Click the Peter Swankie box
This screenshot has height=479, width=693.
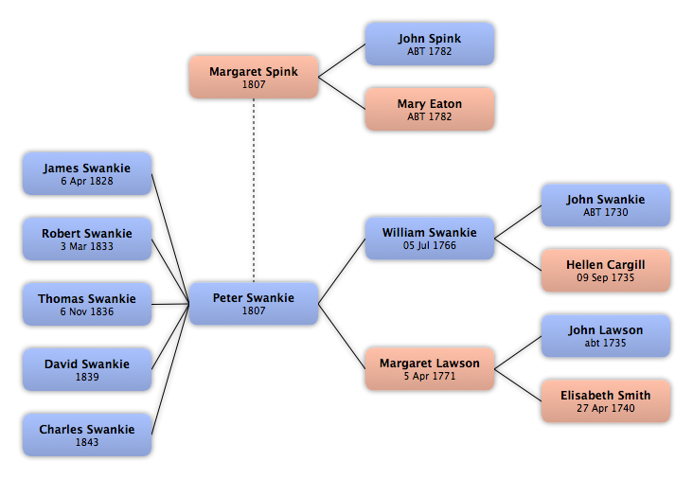pos(254,304)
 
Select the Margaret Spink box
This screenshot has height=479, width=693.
pos(254,77)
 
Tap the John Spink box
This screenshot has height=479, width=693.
pos(430,44)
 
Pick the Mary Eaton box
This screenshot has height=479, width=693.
pos(430,109)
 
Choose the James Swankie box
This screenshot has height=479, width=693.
pos(87,173)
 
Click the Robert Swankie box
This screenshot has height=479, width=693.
pos(87,239)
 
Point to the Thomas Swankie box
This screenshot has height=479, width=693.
pos(87,304)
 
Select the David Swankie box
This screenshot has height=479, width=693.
pos(87,369)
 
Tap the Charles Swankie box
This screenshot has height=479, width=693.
pos(87,435)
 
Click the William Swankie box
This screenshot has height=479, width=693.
pos(430,239)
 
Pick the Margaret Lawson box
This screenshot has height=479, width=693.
pos(430,369)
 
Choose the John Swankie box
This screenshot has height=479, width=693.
pos(606,205)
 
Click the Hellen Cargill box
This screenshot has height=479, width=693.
pos(606,271)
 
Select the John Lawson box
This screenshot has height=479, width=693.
pos(606,336)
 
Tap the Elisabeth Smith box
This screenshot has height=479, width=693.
pos(606,401)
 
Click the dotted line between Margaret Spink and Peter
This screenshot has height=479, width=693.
pos(254,190)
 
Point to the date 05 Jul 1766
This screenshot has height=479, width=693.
pos(430,245)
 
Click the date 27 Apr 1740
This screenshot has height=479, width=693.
pos(606,408)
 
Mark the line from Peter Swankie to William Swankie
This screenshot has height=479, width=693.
pos(342,271)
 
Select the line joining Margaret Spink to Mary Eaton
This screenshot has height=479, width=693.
pos(342,93)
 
